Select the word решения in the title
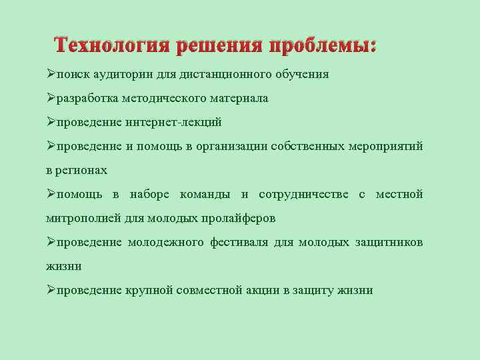click(220, 46)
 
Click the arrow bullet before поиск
click(51, 74)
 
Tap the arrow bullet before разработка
click(51, 98)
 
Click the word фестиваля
click(238, 242)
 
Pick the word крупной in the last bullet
click(149, 290)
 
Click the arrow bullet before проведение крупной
click(51, 290)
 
